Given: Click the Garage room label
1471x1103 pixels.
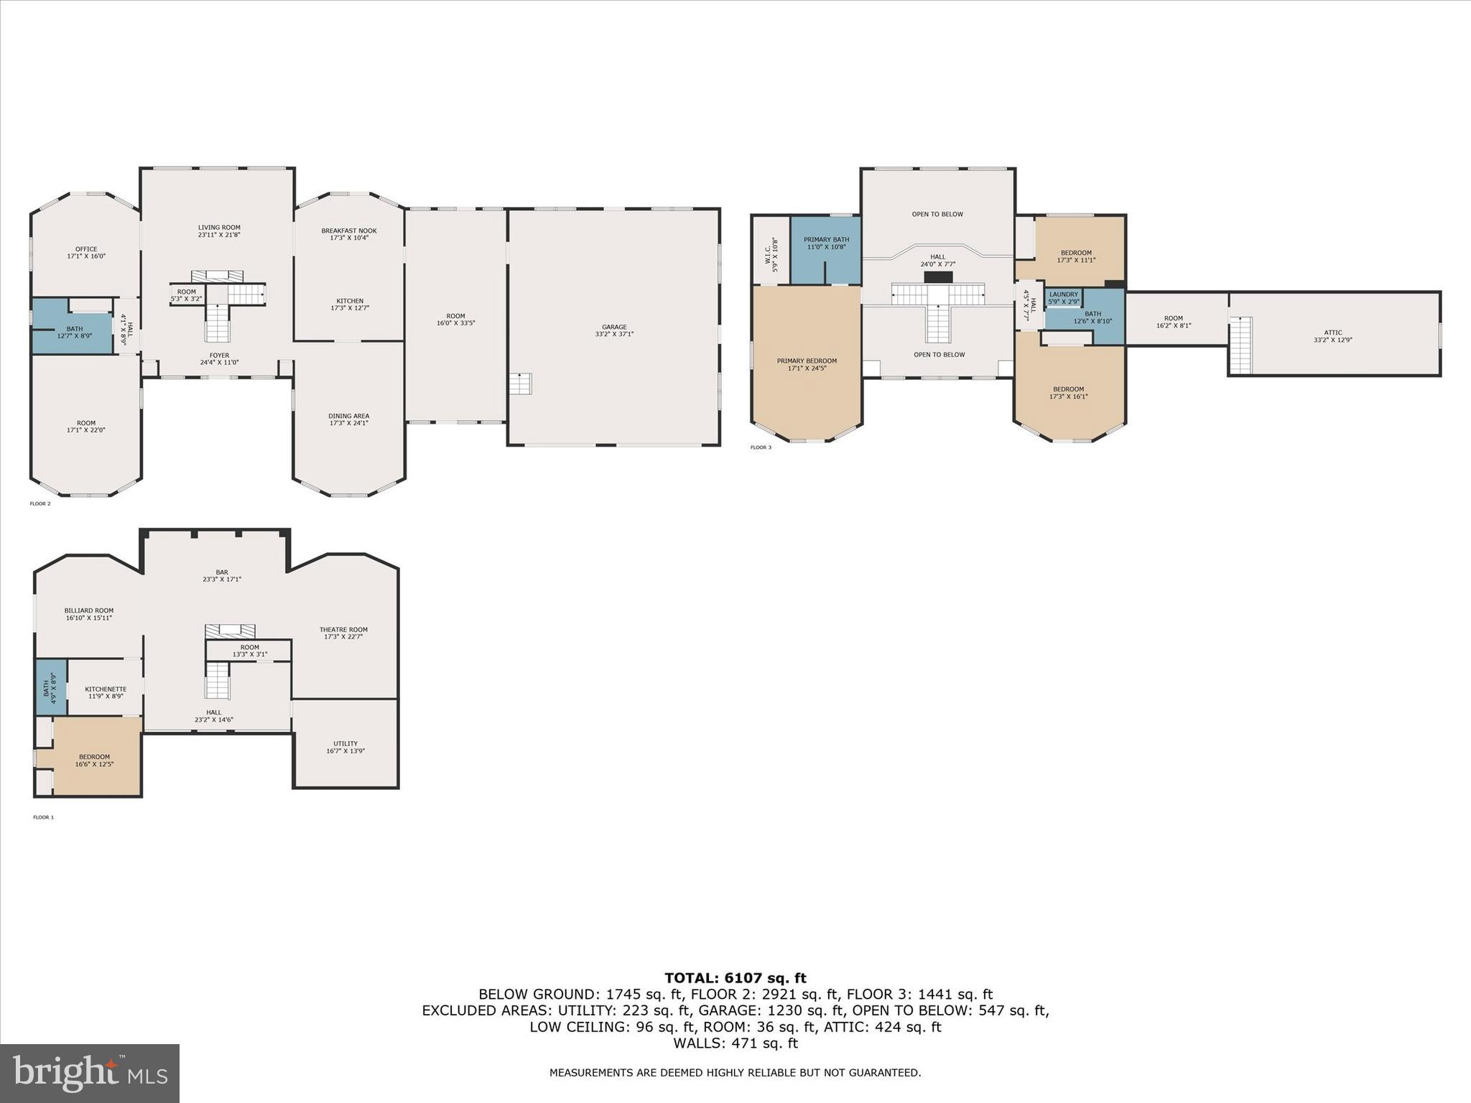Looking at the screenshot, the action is [x=614, y=330].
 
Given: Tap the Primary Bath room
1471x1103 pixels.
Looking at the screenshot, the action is [x=826, y=250].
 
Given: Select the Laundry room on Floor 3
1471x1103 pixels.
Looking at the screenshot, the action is [x=1064, y=298].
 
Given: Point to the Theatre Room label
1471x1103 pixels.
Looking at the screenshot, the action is [x=343, y=633].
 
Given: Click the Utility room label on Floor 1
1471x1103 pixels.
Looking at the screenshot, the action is [x=345, y=747].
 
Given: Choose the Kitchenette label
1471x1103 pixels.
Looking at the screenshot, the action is [x=106, y=692].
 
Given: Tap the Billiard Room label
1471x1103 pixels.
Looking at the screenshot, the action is [x=89, y=614].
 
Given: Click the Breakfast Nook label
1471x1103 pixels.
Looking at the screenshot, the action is [x=349, y=234].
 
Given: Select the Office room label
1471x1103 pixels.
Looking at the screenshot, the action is [x=86, y=252].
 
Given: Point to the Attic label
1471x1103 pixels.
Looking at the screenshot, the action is [x=1333, y=336].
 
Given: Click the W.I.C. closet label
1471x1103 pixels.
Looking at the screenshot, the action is [x=771, y=255].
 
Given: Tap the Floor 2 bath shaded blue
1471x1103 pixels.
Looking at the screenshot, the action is [x=73, y=326].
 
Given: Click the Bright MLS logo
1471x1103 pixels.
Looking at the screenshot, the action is [x=90, y=1073].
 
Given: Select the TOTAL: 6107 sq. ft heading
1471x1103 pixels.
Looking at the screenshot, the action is [x=735, y=977].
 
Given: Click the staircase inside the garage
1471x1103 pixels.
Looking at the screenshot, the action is [x=520, y=383].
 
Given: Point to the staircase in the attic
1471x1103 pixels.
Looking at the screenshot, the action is [x=1240, y=345].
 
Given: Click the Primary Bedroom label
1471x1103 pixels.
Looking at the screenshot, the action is [x=807, y=364].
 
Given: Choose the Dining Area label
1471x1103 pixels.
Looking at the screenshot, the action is [x=349, y=419].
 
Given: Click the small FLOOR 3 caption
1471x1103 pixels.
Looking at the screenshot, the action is [x=761, y=447].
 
